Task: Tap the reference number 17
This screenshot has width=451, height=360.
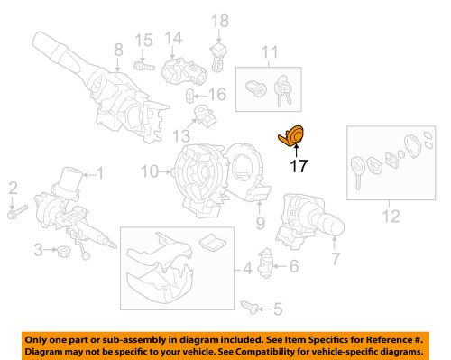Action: (297, 166)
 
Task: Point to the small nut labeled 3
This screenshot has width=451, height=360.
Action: (62, 250)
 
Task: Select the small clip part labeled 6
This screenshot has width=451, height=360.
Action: (267, 265)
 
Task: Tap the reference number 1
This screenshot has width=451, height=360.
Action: (101, 172)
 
